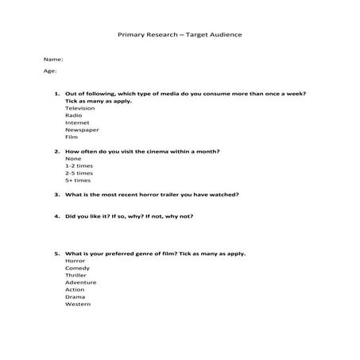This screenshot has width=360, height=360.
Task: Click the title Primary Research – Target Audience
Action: point(180,36)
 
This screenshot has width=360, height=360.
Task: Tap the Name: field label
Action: point(52,60)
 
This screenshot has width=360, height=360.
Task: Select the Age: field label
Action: point(50,72)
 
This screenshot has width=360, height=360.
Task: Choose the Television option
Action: point(79,108)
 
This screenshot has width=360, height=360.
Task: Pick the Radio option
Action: point(73,115)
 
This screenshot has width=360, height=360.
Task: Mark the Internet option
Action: point(77,122)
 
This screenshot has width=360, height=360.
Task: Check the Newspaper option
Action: point(81,130)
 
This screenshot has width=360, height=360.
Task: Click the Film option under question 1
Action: point(72,137)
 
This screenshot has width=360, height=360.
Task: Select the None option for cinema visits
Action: point(73,158)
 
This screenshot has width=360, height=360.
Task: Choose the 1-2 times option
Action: point(79,165)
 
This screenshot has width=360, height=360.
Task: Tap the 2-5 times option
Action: point(79,172)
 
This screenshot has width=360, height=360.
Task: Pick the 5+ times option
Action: point(78,180)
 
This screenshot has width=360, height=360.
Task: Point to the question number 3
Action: point(57,194)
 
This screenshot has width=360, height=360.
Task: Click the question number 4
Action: point(57,215)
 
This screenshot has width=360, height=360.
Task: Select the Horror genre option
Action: point(75,261)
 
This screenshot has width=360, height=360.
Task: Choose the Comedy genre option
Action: point(77,268)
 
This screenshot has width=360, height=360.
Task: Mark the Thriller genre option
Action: point(76,275)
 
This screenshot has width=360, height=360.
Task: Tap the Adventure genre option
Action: point(80,282)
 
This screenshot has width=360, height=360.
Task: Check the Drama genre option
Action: point(75,296)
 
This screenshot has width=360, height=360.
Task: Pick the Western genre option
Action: point(78,304)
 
